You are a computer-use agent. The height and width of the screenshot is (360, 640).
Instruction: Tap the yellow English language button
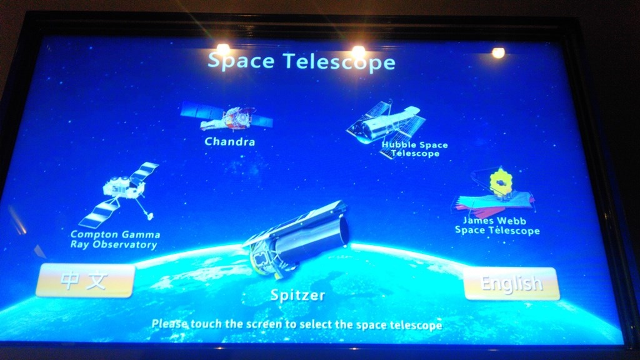[x=511, y=283]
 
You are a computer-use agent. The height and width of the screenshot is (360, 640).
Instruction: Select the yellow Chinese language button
[x=85, y=280]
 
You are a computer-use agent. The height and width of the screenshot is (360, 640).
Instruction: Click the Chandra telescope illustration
[x=226, y=117]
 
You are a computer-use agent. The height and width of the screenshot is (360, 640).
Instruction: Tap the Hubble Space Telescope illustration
[x=386, y=126]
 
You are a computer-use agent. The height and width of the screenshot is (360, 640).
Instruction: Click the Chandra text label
[x=230, y=142]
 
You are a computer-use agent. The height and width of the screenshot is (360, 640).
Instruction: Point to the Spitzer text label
[x=297, y=295]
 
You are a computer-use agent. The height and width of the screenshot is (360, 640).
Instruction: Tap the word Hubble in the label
[x=394, y=144]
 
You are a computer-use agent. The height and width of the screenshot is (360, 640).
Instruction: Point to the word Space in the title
[x=241, y=62]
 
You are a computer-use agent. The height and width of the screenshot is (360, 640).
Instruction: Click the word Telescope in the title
[x=339, y=62]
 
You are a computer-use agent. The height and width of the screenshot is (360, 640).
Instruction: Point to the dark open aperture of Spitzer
[x=344, y=232]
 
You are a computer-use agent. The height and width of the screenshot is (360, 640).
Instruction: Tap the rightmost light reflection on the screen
[x=498, y=52]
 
